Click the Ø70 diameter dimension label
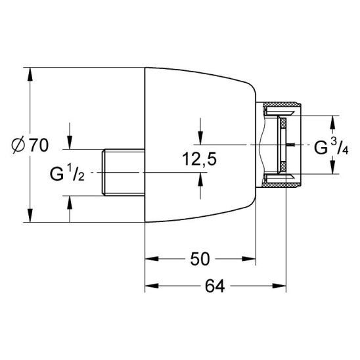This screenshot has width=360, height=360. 30,145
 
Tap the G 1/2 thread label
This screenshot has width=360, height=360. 67,174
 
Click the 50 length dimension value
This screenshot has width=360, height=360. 200,259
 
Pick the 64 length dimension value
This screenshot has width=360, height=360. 215,286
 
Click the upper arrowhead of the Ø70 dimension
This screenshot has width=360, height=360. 30,74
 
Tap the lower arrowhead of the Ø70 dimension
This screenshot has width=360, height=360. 30,215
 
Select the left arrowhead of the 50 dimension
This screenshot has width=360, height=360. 152,259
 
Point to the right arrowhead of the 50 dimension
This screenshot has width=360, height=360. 249,259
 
